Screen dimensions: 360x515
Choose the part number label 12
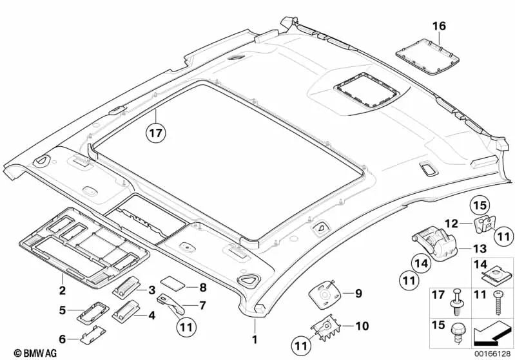point(452,223)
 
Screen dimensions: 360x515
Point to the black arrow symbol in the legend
point(491,334)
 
